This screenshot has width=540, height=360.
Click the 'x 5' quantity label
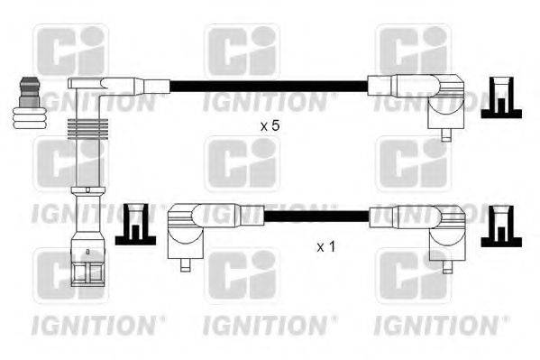(270, 126)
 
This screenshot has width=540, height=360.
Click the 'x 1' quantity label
(325, 245)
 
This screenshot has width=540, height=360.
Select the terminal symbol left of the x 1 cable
(136, 224)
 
